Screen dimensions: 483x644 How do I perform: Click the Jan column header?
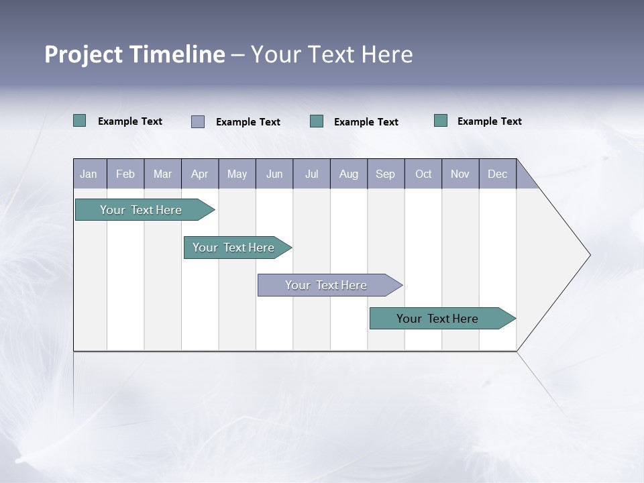click(89, 174)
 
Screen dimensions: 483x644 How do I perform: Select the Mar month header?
click(162, 174)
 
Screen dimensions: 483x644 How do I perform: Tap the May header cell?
click(237, 174)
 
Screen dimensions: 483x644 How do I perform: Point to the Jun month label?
click(274, 174)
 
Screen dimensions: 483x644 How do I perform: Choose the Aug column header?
click(348, 174)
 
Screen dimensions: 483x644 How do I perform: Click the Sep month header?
click(385, 174)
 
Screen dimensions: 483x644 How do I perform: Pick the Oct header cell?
click(423, 174)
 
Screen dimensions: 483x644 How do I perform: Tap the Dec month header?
click(497, 174)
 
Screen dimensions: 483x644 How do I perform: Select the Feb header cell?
click(125, 174)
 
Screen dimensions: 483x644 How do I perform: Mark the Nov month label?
click(460, 174)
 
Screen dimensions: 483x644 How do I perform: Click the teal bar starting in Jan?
click(141, 210)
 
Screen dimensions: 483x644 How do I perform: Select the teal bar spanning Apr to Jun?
click(233, 248)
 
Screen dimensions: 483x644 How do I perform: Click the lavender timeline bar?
click(326, 285)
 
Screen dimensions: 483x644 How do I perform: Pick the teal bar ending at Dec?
click(437, 319)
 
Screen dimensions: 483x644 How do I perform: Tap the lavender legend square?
click(198, 121)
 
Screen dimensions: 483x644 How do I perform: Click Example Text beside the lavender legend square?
click(248, 122)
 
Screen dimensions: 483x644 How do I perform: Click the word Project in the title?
click(83, 54)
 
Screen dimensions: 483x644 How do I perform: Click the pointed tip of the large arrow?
click(588, 255)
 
